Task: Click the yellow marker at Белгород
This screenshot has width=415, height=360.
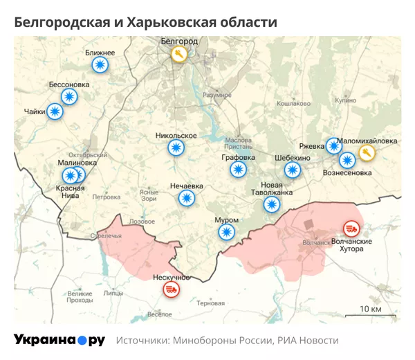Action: point(180,55)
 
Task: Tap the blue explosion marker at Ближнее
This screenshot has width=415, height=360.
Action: point(100,66)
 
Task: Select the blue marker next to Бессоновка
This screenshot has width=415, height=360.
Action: point(68,97)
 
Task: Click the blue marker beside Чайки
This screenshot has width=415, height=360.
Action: point(55,111)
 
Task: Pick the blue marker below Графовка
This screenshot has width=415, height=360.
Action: point(239,170)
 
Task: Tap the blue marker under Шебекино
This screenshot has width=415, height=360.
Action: point(293,170)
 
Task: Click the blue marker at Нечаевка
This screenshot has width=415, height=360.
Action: point(186,199)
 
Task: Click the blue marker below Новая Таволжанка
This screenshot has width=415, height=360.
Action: point(272,204)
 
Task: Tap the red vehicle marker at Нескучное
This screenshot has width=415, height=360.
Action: point(170,289)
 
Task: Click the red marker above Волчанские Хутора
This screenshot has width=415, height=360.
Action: point(351,228)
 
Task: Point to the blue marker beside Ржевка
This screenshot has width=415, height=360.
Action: point(334,146)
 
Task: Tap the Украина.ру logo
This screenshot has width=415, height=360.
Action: point(59,340)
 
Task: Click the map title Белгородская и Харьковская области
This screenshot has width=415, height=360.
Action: point(145,23)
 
